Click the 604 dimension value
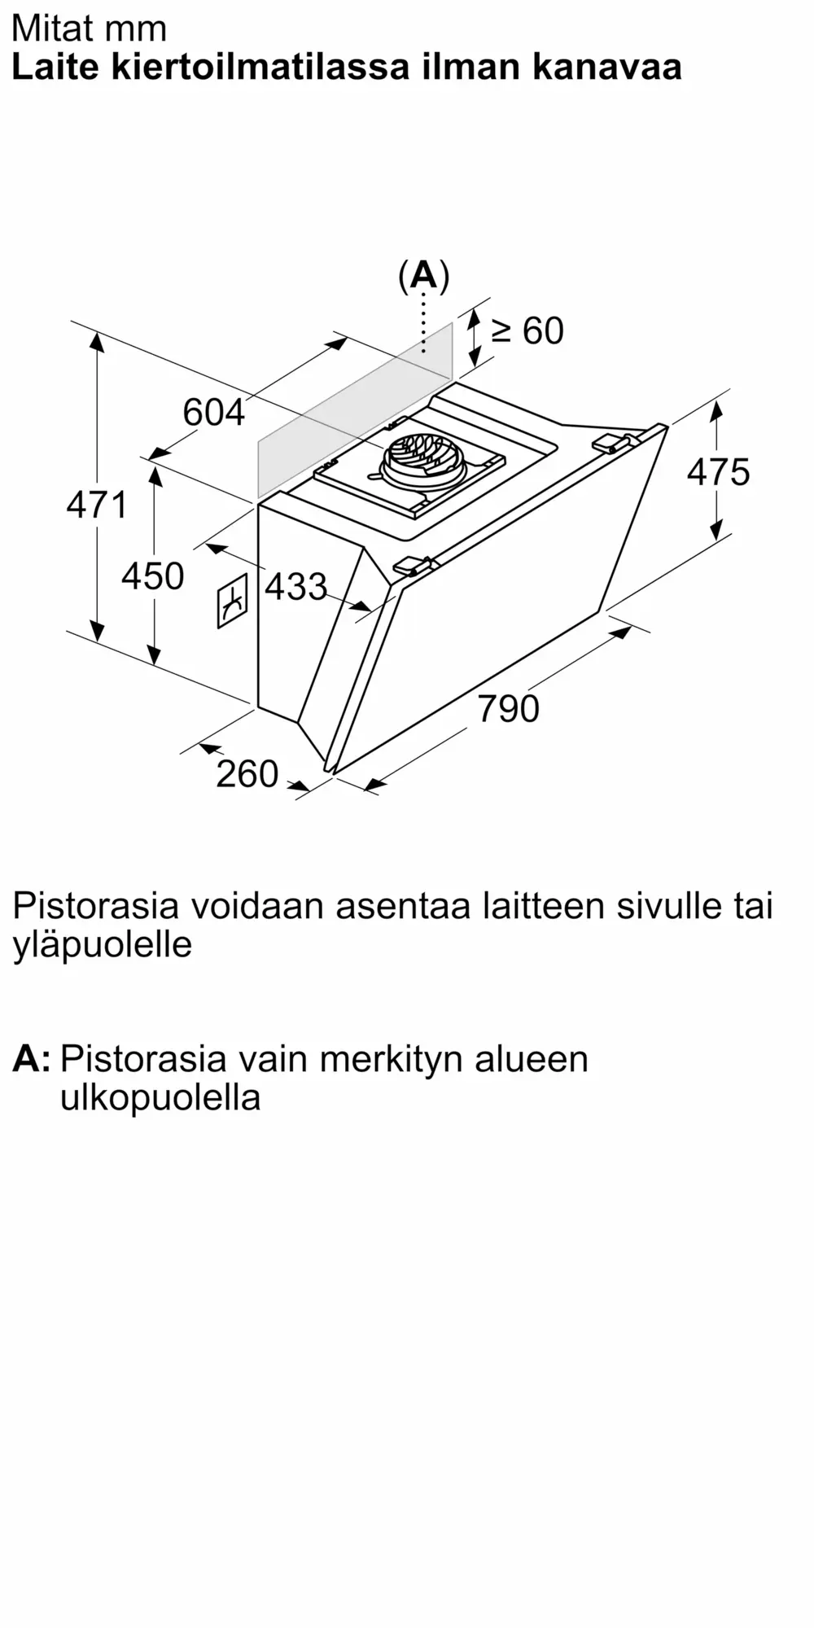point(213,412)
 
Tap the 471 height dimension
point(97,505)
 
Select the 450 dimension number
point(153,576)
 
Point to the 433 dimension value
point(296,586)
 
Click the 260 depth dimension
point(247,773)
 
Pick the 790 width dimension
point(508,708)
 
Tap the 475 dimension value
point(718,472)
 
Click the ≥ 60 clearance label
point(527,330)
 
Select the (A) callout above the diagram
point(423,276)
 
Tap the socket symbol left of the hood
point(232,602)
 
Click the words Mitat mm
point(89,28)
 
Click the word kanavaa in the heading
point(607,68)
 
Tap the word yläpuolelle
point(103,945)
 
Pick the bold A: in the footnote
point(32,1058)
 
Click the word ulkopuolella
point(160,1097)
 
